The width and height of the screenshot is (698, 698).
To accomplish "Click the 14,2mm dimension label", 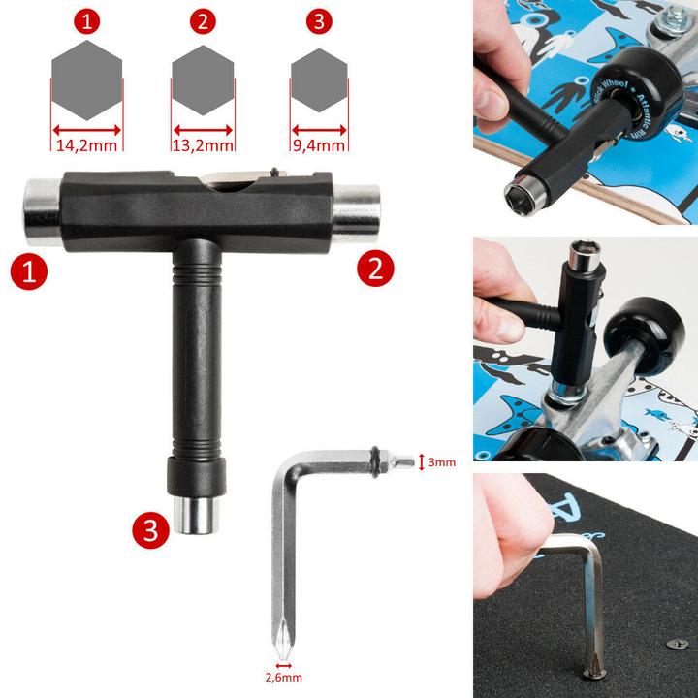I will [87, 146].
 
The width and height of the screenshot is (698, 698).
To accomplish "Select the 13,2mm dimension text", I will [205, 146].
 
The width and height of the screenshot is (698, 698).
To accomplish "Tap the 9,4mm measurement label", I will [319, 146].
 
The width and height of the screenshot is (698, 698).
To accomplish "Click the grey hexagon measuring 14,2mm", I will [87, 83].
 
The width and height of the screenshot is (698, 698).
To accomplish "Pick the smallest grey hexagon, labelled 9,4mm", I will [319, 85].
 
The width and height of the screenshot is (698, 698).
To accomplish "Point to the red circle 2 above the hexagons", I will [204, 21].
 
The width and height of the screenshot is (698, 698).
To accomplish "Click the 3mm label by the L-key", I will [442, 462].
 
